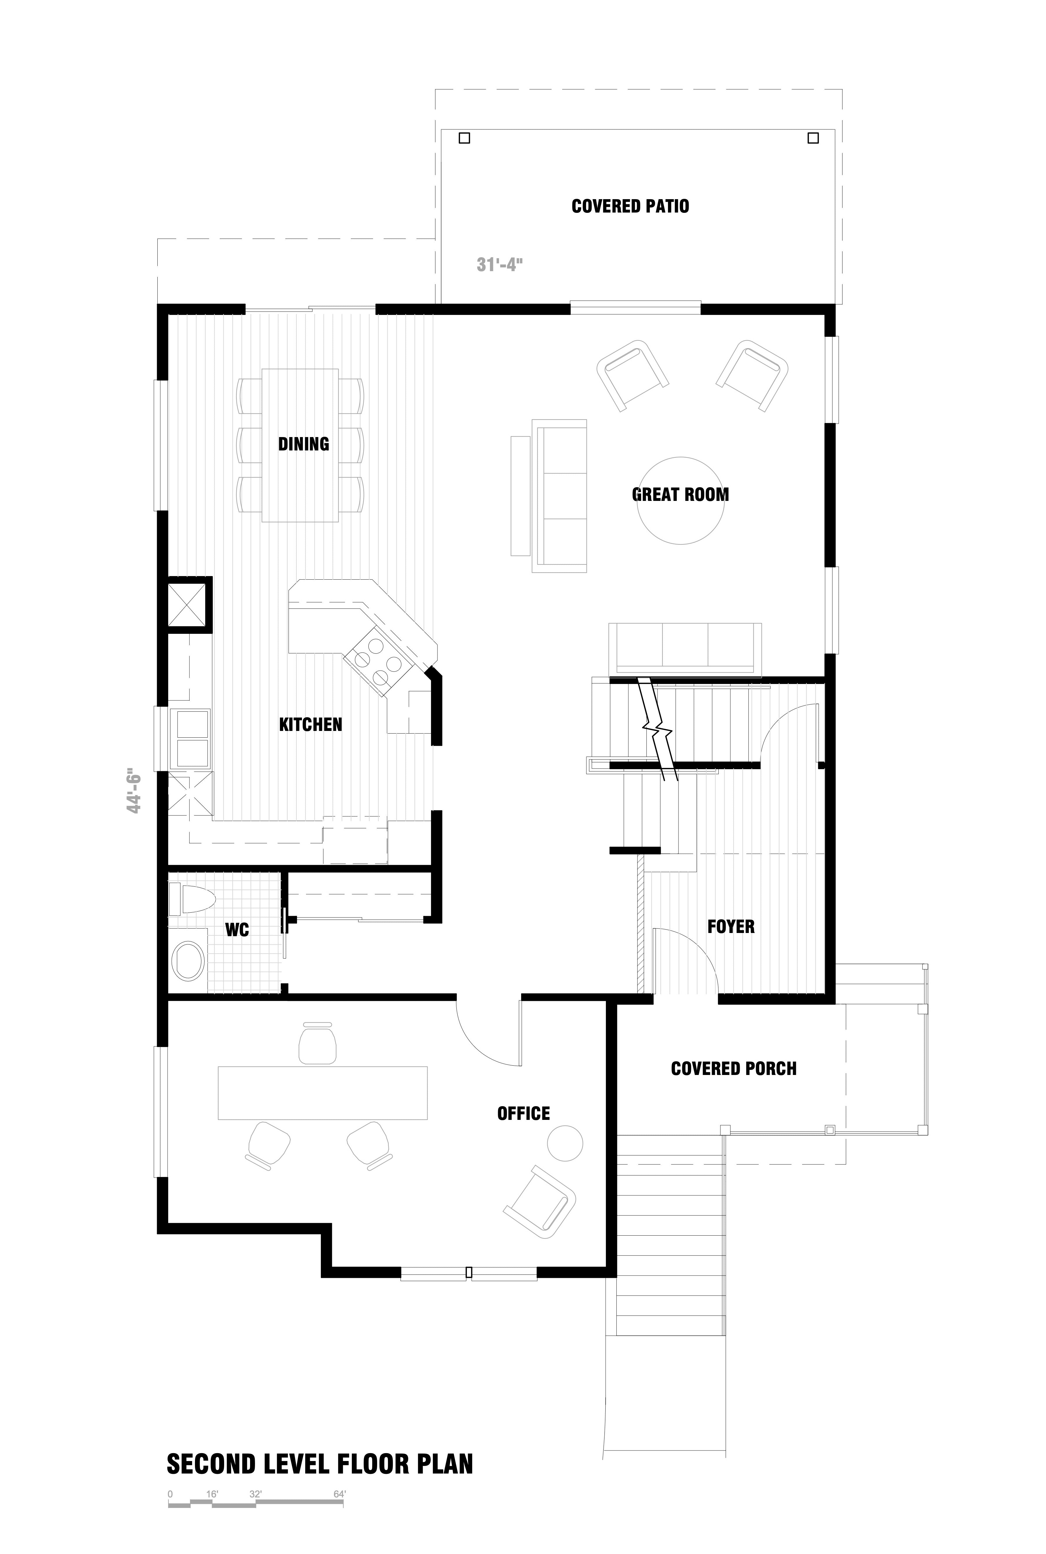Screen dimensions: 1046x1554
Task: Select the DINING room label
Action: click(x=303, y=444)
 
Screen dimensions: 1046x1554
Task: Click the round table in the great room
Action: click(x=681, y=500)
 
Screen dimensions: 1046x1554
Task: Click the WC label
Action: click(x=237, y=929)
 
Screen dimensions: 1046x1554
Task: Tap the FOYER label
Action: click(x=731, y=926)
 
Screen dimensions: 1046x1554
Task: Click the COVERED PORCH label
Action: click(x=734, y=1068)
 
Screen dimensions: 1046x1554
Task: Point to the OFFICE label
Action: click(x=524, y=1113)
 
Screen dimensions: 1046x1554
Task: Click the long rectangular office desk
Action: click(x=323, y=1093)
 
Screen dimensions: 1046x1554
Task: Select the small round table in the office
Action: click(x=565, y=1143)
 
